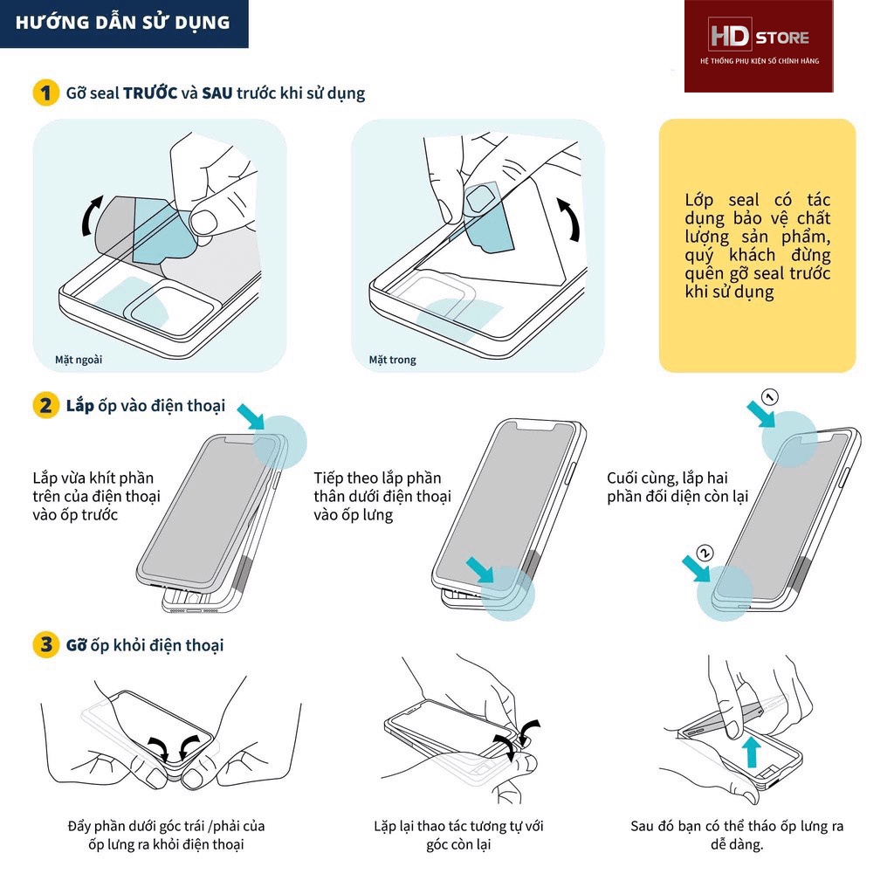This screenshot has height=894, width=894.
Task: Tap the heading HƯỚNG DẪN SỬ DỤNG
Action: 123,23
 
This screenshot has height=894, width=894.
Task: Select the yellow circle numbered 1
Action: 45,93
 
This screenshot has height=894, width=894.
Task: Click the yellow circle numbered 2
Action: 45,406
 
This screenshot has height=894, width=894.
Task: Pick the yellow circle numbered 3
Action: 45,645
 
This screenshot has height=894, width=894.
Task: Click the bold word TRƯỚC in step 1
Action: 150,93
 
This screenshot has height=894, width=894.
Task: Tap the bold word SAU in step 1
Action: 217,93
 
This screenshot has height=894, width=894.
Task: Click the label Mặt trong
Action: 392,360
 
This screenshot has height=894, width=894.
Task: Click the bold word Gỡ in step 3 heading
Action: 75,645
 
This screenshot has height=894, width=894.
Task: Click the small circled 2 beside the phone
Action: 705,552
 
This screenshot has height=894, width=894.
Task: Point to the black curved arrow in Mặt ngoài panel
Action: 90,216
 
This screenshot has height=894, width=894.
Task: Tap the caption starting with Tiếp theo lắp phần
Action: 382,497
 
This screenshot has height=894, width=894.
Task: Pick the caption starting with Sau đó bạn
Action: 737,835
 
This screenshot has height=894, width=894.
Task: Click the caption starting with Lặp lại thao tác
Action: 458,835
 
